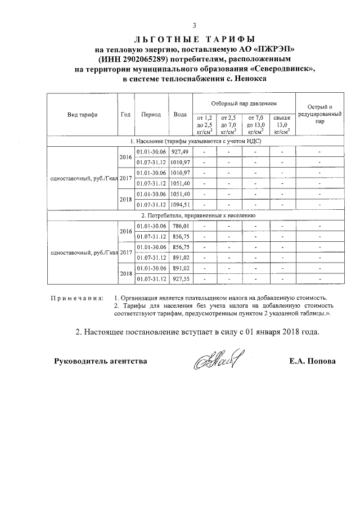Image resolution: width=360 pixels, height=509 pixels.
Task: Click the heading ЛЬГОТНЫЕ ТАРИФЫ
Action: pos(195,39)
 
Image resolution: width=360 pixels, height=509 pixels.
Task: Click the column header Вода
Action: pos(180,114)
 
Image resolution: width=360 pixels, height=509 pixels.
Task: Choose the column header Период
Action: pos(151,114)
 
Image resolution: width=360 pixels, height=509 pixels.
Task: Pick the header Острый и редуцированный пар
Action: pos(319,114)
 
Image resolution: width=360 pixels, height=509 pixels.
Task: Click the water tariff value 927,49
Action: pos(180,152)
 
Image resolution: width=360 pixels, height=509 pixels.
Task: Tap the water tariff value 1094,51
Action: pos(180,204)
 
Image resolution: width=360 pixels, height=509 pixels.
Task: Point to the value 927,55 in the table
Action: pos(180,278)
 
